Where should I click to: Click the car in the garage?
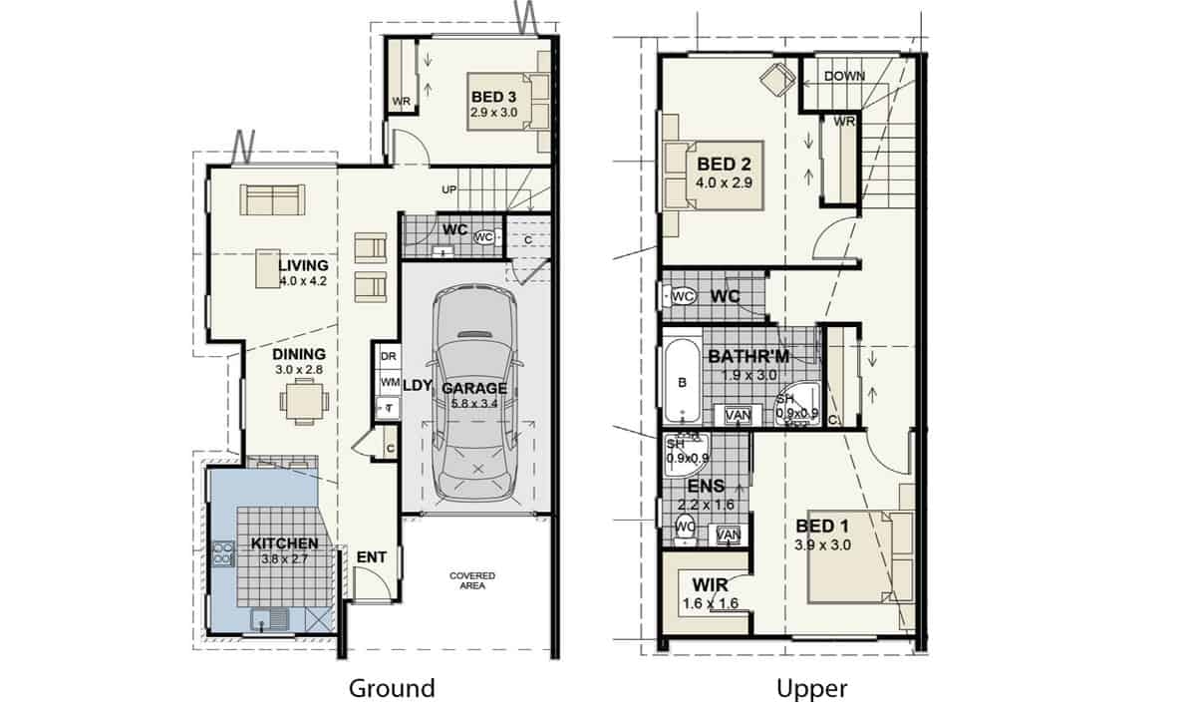tap(475, 395)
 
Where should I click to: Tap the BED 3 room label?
tap(493, 97)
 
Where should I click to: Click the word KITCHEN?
tap(284, 543)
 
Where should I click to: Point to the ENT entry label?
tap(372, 556)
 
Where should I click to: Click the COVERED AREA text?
tap(472, 580)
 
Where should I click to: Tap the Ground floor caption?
tap(392, 688)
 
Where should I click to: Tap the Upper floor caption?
tap(811, 688)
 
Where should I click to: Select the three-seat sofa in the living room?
tap(272, 199)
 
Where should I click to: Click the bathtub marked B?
tap(683, 382)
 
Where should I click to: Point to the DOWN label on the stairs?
tap(845, 76)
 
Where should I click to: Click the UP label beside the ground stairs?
tap(448, 188)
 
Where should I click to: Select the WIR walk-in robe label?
tap(710, 585)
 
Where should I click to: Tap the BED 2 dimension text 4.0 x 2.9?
tap(725, 182)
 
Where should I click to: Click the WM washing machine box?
tap(390, 382)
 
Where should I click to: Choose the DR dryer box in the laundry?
tap(389, 356)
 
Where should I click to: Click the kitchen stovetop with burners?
tap(223, 553)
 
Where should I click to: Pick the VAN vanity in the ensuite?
tap(728, 535)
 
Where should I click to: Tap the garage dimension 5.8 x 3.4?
tap(474, 404)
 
